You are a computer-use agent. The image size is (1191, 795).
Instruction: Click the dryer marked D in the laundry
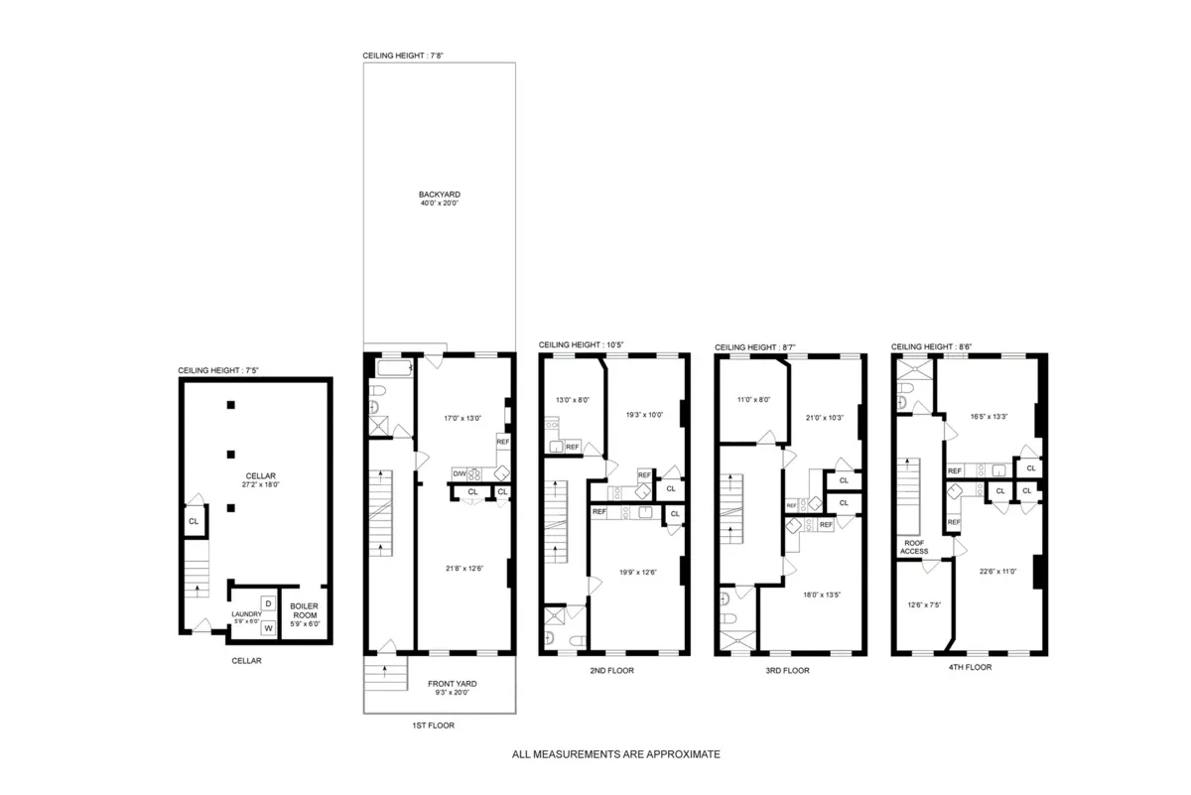point(268,603)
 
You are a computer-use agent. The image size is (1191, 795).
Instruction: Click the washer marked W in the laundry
point(268,628)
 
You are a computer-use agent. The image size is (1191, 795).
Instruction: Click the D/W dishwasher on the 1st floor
point(460,473)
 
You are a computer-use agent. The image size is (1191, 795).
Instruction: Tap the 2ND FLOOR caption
point(611,670)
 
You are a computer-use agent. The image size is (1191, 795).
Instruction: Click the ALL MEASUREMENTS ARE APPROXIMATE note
point(615,754)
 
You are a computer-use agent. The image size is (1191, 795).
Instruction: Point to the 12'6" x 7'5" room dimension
point(923,605)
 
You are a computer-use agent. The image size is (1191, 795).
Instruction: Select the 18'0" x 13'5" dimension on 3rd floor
point(822,595)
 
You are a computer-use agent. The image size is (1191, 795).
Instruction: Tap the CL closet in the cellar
point(194,521)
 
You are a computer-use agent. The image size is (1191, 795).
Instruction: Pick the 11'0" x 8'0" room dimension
point(751,399)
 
